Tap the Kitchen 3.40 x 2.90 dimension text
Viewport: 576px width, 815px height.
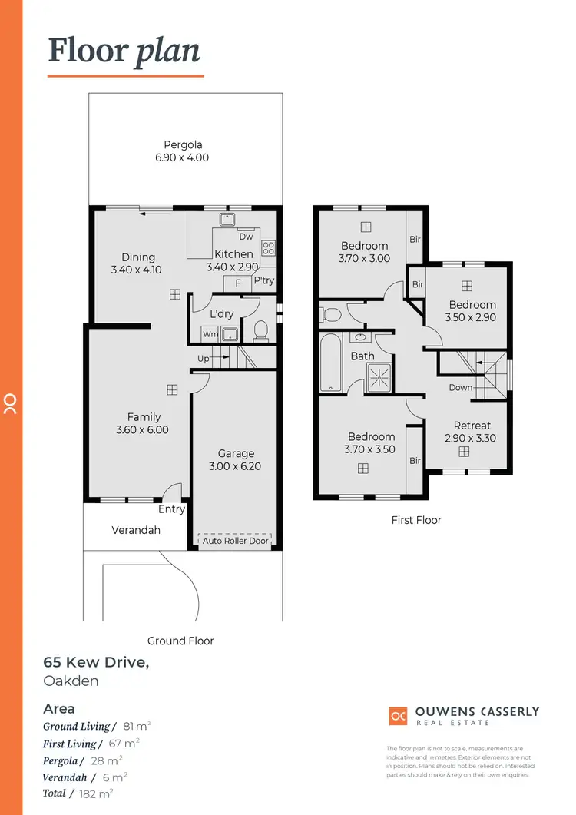233,267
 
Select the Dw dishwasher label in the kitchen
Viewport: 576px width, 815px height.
246,237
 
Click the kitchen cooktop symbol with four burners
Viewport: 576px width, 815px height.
269,248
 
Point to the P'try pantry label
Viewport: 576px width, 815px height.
263,281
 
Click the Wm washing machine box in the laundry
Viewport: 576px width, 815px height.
210,334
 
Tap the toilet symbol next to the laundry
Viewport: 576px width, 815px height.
260,331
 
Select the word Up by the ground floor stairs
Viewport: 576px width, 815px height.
204,359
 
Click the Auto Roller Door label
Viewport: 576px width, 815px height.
235,541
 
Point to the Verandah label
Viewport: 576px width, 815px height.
135,530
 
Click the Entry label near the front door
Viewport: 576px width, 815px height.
171,509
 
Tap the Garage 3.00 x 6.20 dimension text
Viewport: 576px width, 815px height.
235,466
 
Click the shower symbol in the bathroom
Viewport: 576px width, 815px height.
378,376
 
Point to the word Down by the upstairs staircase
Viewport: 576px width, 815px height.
461,387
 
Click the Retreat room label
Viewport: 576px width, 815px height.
472,426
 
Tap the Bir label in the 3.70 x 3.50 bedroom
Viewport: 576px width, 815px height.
415,461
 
